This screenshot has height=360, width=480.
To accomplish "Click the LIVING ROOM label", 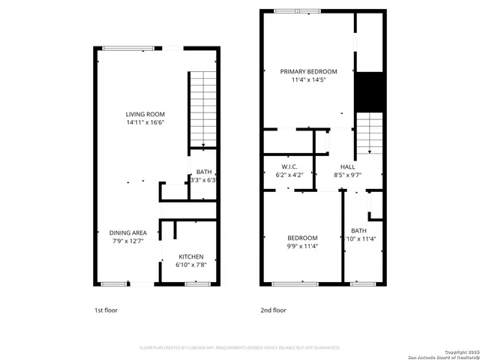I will (145, 114).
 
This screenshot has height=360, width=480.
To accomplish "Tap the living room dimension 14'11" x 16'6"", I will (145, 122).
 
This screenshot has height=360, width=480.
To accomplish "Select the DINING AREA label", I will (127, 232).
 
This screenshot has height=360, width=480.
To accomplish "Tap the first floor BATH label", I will (204, 172).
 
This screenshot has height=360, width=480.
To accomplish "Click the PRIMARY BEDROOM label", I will (309, 71).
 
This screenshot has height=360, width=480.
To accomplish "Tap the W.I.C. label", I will (290, 166).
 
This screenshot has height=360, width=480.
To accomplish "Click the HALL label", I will (348, 166).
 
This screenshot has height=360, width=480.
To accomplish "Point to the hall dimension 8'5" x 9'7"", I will (348, 175).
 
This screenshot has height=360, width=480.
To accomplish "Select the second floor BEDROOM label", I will (302, 238).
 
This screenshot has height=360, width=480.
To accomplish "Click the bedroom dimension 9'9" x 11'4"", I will (302, 246).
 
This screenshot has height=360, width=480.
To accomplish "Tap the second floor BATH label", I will (359, 230).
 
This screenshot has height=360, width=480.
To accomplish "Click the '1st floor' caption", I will (106, 310).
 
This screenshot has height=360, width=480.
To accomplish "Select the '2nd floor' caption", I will (274, 310).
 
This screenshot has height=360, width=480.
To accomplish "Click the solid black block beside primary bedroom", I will (368, 91).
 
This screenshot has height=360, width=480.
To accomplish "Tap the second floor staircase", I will (368, 132).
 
